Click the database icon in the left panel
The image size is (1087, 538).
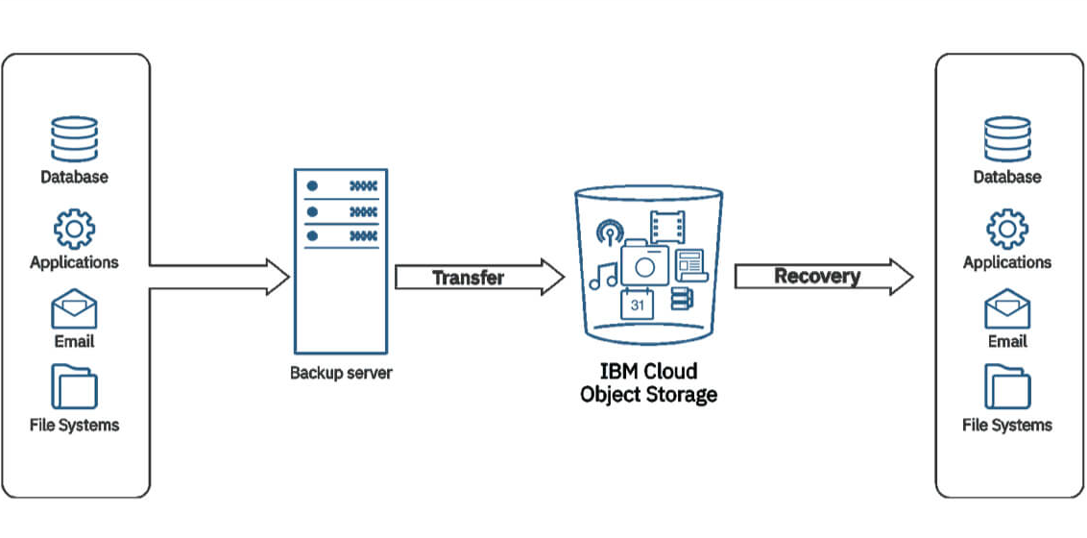74,139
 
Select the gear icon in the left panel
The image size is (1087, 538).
74,229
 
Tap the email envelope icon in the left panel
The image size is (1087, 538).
74,310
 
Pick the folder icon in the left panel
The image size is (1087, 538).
74,386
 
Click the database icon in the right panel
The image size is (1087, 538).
1007,139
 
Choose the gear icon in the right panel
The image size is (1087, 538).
1007,229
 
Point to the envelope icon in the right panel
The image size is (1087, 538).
1007,310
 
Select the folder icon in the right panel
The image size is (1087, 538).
1007,386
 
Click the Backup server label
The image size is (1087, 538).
341,373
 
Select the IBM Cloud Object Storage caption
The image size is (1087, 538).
648,382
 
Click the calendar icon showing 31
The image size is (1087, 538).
638,305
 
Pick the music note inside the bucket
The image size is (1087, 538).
604,276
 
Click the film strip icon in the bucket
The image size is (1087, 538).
666,227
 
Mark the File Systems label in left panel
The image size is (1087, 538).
74,425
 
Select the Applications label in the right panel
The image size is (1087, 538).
1007,262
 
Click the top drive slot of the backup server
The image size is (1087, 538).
341,184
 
